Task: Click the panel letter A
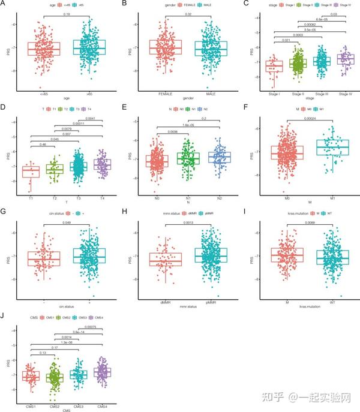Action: pos(5,5)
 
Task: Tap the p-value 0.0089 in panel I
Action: pos(308,223)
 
